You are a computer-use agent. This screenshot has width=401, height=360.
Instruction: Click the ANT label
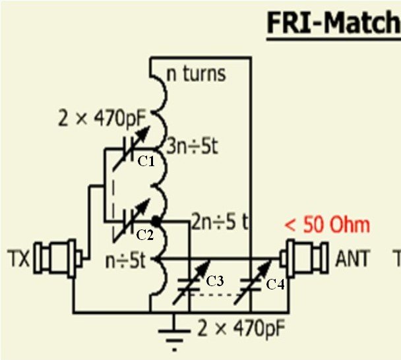click(354, 257)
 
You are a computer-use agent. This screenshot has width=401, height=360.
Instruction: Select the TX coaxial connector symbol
click(59, 256)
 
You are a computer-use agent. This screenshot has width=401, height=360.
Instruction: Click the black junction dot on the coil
click(156, 220)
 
